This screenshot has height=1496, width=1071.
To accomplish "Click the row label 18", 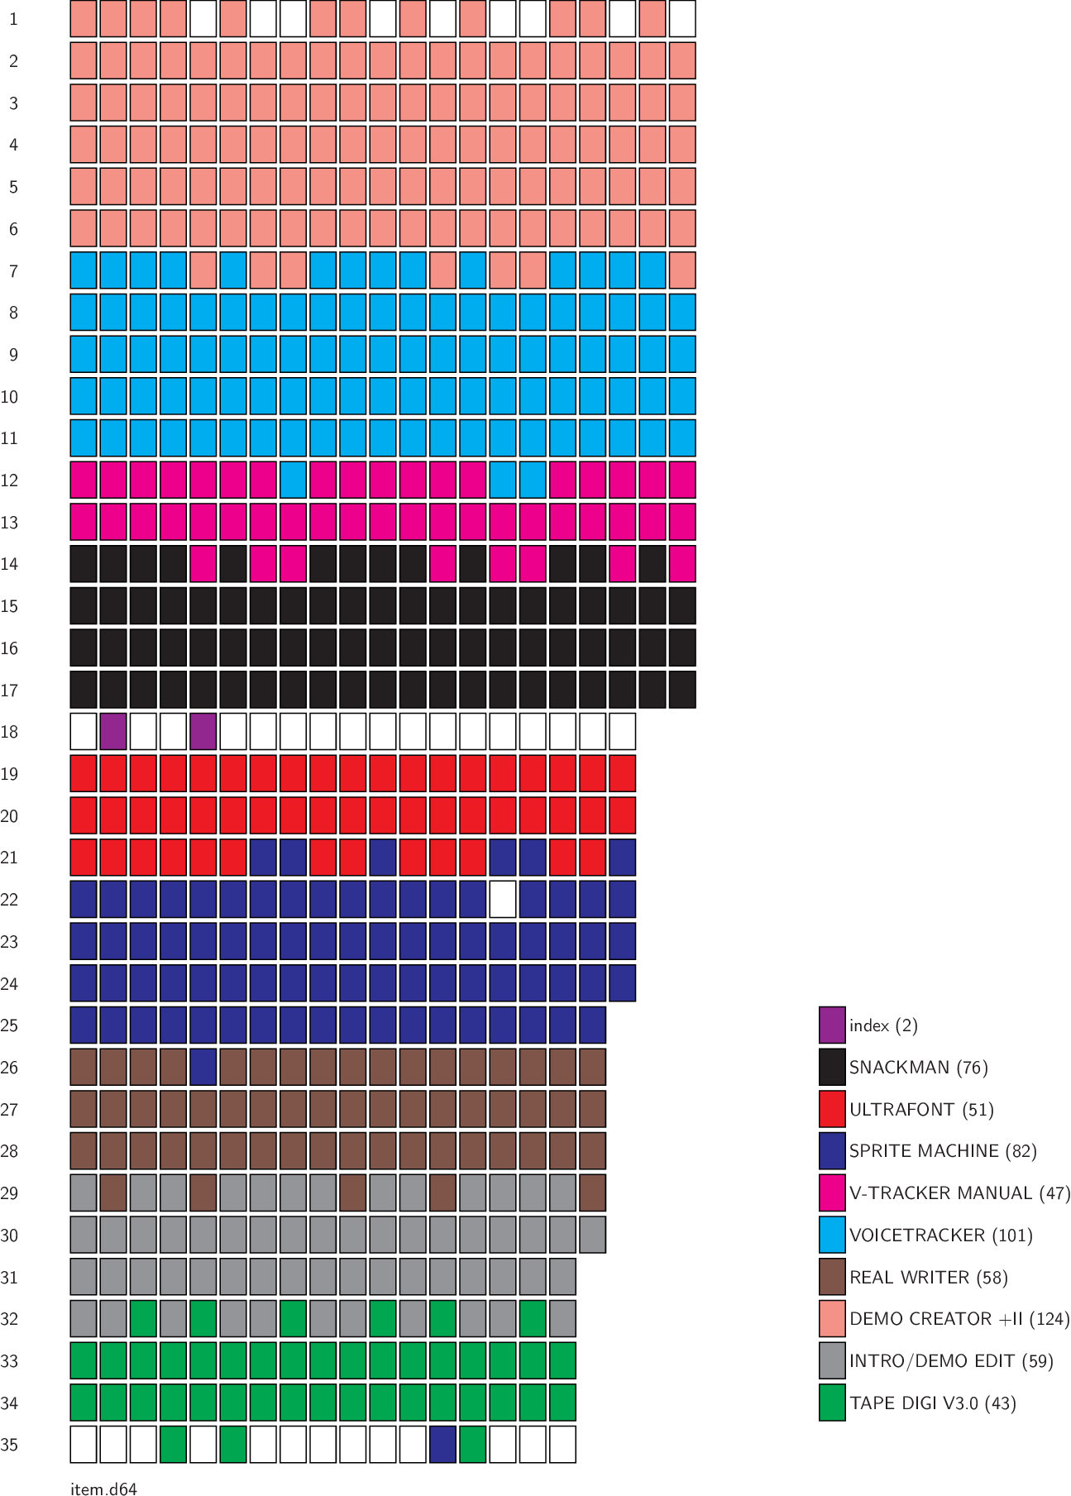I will (x=10, y=732).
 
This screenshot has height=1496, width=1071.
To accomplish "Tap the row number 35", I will (x=10, y=1445).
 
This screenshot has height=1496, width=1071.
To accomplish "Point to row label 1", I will (x=13, y=19).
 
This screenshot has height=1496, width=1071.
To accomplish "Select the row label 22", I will (x=10, y=900).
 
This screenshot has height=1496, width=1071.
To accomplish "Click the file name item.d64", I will (x=103, y=1489).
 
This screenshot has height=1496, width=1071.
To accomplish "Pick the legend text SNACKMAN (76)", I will (x=918, y=1068).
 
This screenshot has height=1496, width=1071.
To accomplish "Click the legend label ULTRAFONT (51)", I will (x=921, y=1110).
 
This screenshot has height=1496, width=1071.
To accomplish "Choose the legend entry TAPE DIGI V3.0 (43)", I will (x=932, y=1403).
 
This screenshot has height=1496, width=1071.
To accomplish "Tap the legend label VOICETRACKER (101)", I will (x=940, y=1236).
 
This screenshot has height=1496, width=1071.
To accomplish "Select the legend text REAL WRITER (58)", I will (x=928, y=1278).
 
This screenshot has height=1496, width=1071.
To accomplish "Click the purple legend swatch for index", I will (x=832, y=1025).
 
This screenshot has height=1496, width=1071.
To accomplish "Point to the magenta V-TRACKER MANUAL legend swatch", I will (x=832, y=1193).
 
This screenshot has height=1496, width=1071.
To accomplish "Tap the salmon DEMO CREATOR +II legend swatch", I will (x=832, y=1319).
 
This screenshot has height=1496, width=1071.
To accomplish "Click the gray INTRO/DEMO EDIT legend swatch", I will (x=832, y=1361).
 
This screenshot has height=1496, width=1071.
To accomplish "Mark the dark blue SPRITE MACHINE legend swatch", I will (x=832, y=1151).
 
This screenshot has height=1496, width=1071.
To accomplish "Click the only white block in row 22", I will (x=503, y=900).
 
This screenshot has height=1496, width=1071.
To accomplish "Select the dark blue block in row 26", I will (x=203, y=1068).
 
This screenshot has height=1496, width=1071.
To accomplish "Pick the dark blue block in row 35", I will (x=442, y=1445).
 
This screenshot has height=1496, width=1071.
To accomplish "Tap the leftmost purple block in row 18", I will (x=113, y=732).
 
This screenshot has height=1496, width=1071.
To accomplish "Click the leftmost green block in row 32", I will (x=143, y=1319).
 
